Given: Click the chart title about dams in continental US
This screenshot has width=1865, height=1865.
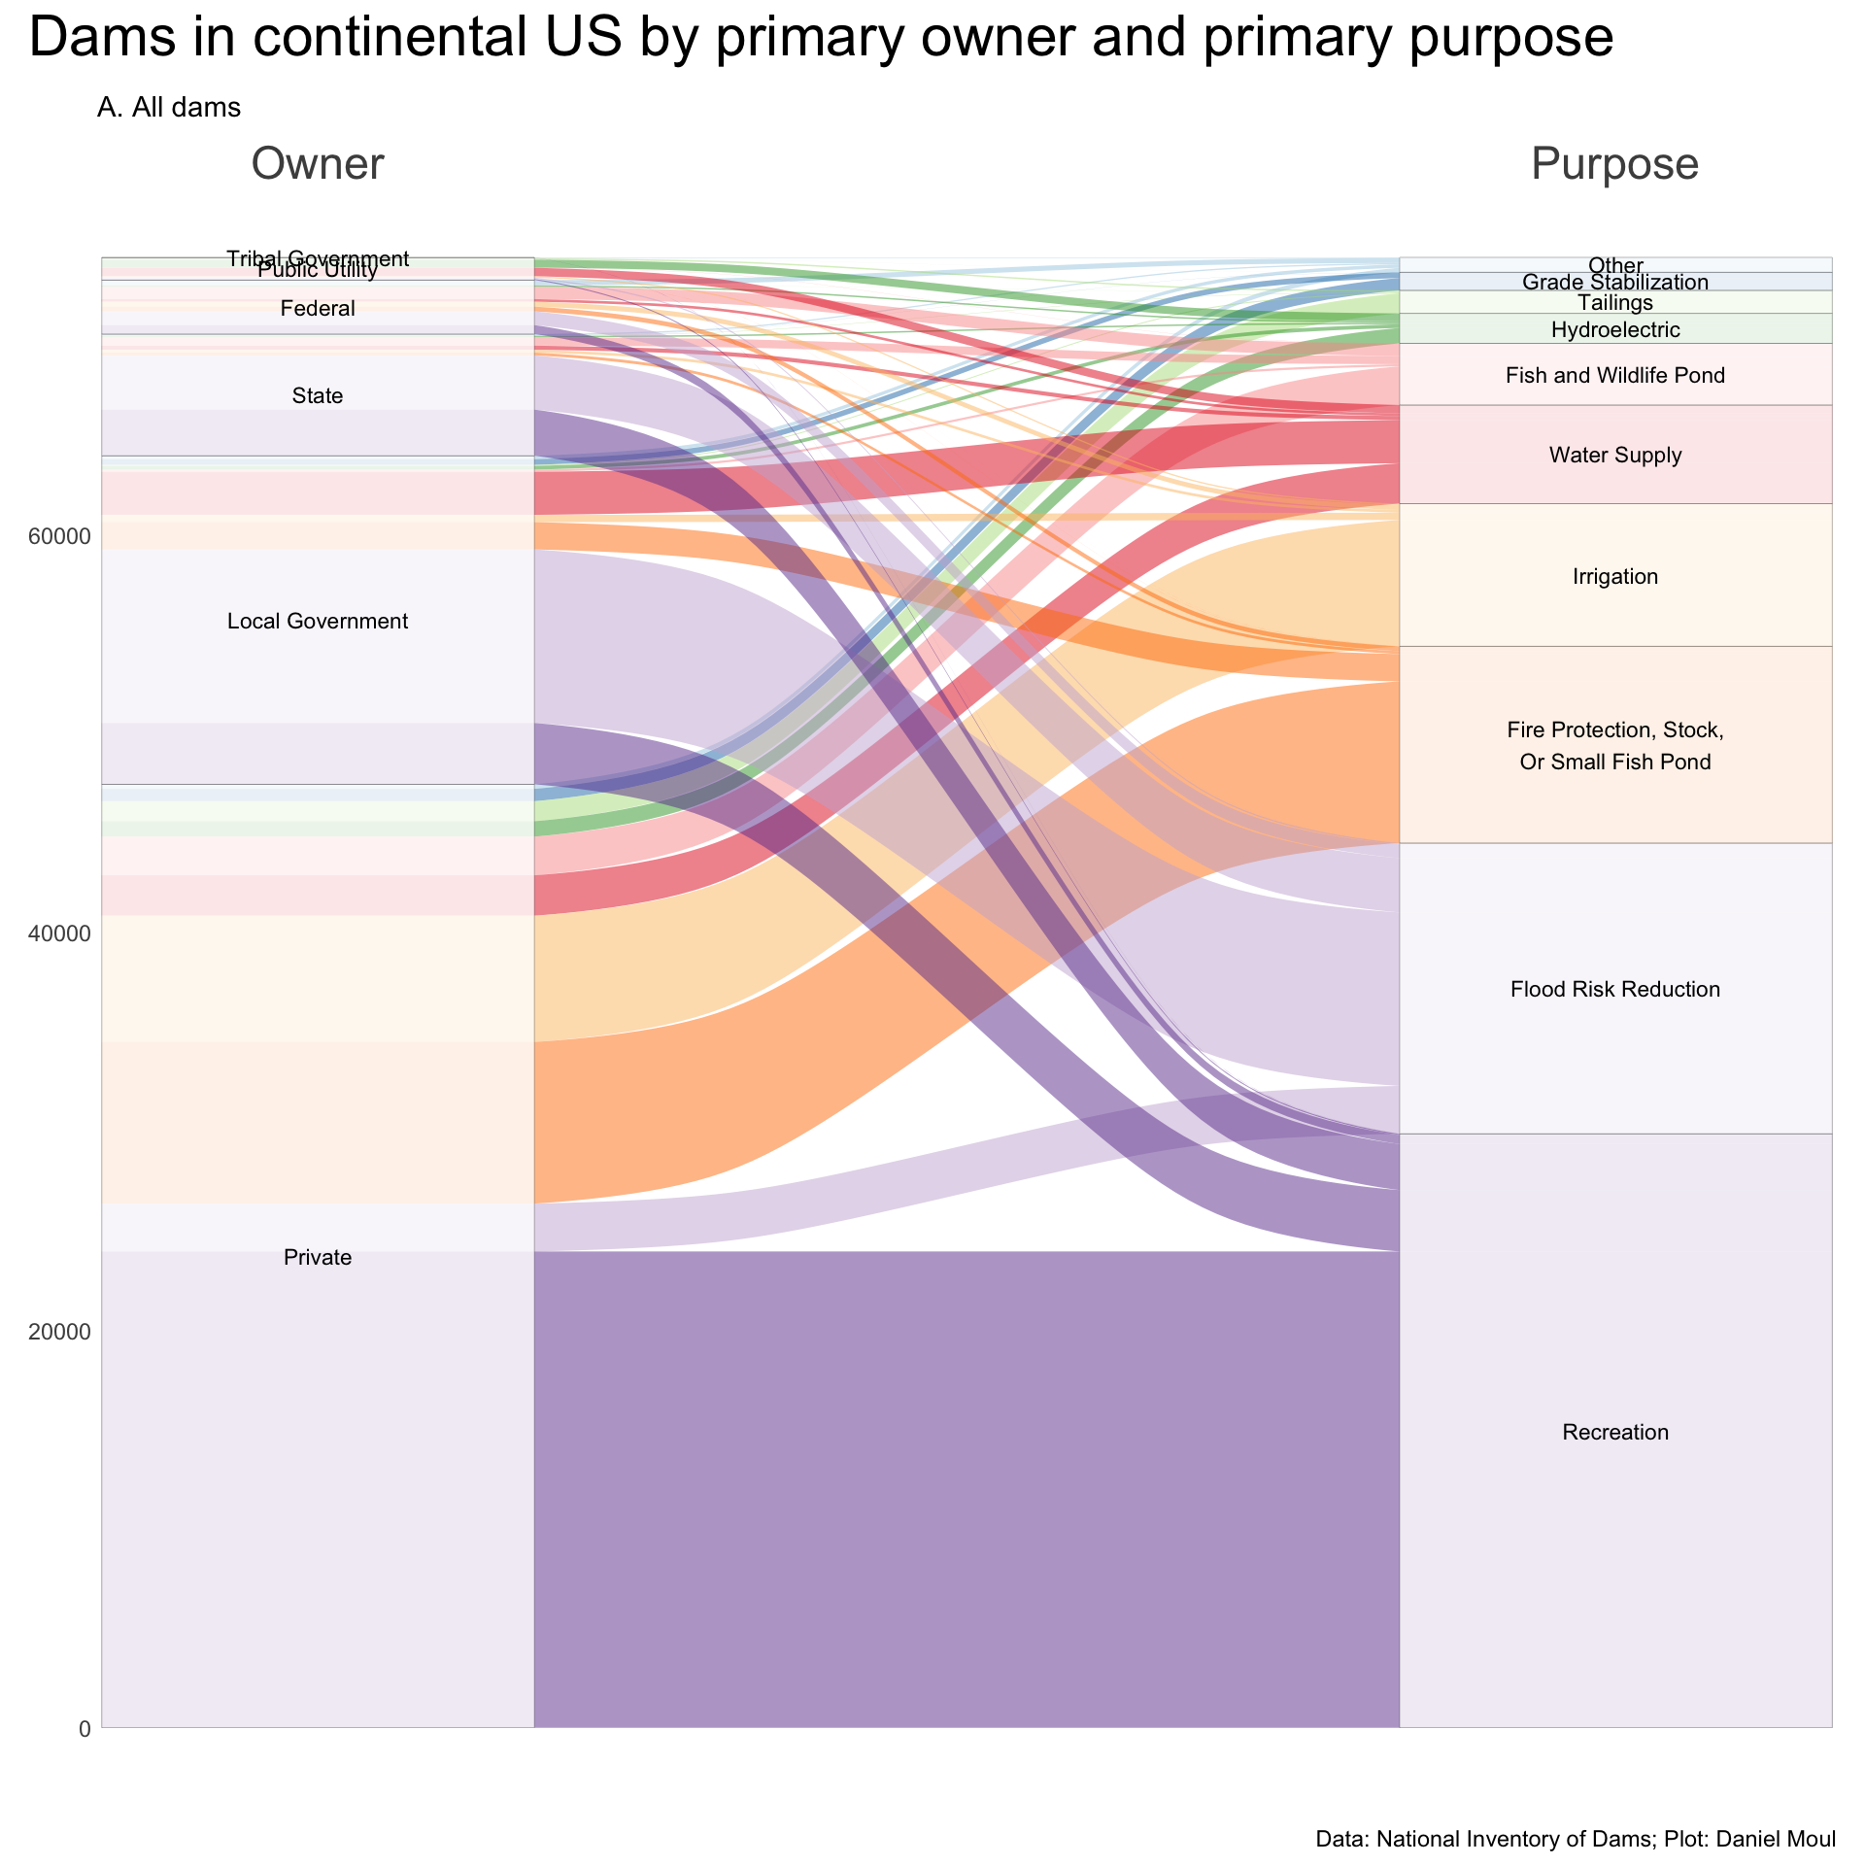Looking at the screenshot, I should pos(822,40).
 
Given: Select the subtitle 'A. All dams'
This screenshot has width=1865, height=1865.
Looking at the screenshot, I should pos(169,108).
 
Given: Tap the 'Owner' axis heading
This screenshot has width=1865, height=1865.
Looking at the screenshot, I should pos(318,164).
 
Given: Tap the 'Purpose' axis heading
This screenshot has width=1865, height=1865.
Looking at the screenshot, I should pos(1614,164).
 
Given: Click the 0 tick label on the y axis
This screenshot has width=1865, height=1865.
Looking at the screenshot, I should pos(84,1729).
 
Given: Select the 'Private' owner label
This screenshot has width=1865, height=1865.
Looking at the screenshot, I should pos(318,1258).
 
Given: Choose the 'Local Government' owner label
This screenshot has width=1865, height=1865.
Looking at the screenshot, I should pos(318,622).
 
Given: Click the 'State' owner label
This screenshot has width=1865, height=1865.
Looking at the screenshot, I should pos(318,396).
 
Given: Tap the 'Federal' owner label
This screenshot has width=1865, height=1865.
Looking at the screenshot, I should pos(318,310).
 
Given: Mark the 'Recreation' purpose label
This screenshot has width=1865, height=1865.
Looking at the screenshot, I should pos(1615,1433).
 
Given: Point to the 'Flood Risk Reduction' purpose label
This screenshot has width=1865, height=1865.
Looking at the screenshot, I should pos(1615,990).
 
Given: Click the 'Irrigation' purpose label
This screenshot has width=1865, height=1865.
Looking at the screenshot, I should pos(1615,577).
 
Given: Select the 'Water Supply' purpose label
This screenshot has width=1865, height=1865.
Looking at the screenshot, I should pos(1615,456).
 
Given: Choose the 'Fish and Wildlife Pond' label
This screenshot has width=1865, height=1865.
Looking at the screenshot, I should pos(1615,376).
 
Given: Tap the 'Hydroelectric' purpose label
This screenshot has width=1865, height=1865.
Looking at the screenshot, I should pos(1615,330).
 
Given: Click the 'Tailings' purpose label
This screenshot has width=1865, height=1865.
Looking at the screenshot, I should pos(1615,303).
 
